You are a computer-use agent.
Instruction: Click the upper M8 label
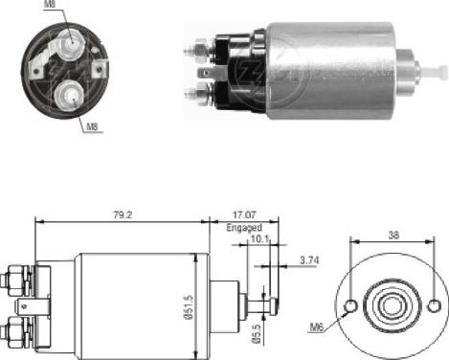coord(50,7)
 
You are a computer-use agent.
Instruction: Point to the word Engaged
coord(243,230)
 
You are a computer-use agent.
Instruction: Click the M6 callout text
coord(317,327)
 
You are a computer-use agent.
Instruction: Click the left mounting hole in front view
coord(352,306)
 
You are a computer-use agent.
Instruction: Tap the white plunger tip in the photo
coord(439,72)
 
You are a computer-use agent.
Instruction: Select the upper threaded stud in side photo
coord(198,47)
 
